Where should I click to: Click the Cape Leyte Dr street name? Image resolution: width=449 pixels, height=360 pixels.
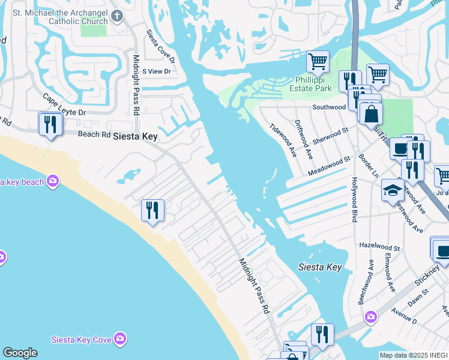(64, 104)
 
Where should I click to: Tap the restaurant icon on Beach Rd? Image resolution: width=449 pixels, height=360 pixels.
(49, 124)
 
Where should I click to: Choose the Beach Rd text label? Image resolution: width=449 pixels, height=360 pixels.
(94, 135)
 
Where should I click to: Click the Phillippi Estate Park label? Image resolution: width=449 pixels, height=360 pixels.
(313, 84)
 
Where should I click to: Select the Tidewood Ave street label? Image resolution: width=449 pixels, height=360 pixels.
(283, 139)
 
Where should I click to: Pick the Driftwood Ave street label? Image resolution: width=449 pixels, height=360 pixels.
(304, 139)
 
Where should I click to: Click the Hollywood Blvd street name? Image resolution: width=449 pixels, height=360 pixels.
(355, 200)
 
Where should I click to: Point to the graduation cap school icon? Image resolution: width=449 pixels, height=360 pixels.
(393, 191)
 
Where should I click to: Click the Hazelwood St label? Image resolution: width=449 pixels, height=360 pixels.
(379, 247)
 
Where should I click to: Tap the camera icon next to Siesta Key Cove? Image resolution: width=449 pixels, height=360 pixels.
(121, 339)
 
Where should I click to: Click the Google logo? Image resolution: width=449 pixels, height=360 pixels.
(20, 353)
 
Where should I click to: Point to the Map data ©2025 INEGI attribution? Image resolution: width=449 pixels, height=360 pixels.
(413, 355)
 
